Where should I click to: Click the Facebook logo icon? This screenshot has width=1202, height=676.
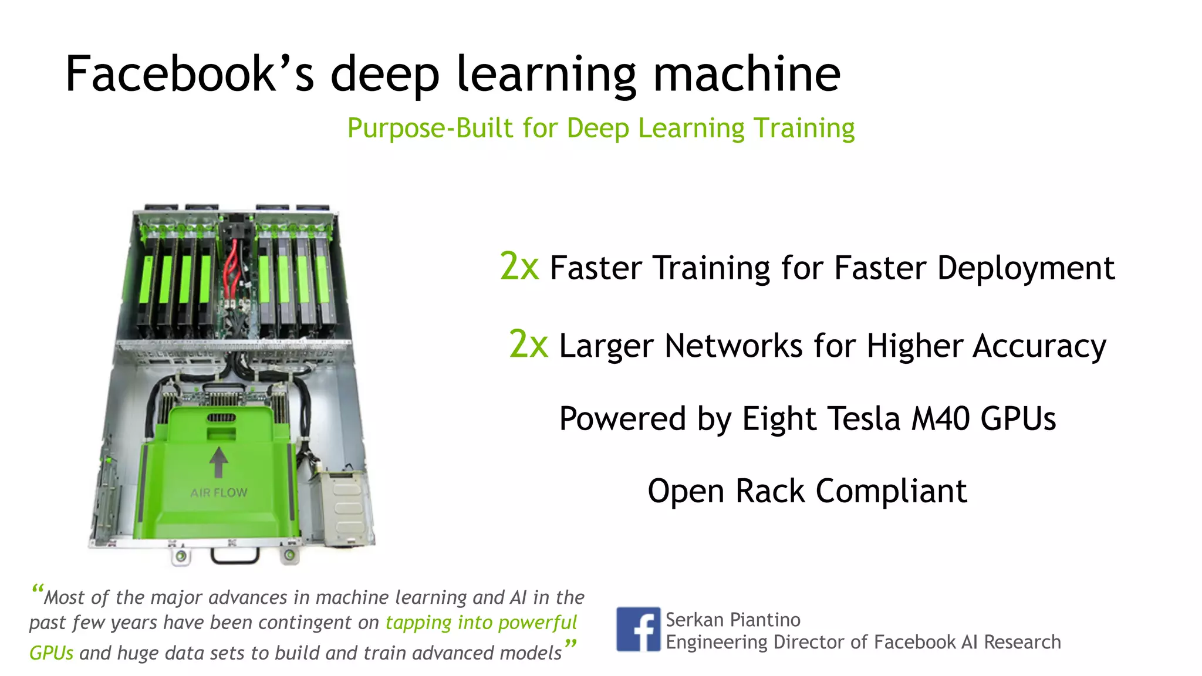[638, 629]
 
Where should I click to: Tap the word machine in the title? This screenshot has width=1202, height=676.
[747, 74]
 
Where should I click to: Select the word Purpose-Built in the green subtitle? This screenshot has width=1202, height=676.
[430, 128]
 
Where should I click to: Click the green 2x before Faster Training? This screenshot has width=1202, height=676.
[519, 266]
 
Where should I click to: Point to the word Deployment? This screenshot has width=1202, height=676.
[1025, 269]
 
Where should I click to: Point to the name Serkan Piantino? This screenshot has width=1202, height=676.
[732, 620]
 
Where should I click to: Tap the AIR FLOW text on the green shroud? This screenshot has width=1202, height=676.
[219, 493]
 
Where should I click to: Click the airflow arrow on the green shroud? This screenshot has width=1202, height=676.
[218, 462]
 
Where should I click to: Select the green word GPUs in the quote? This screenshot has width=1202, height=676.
[52, 653]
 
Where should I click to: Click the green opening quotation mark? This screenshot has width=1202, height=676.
[38, 589]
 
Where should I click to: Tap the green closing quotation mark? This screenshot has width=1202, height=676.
[570, 644]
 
